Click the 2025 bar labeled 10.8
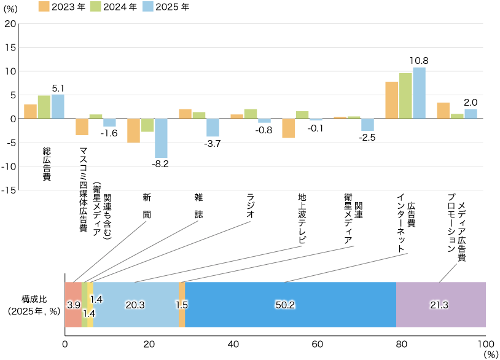(x=419, y=93)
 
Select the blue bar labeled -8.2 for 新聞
(x=161, y=138)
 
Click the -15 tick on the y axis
(x=9, y=190)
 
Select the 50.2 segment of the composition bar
(x=290, y=305)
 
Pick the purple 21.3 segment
(x=440, y=305)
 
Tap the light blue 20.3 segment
(x=136, y=305)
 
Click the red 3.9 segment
(x=73, y=305)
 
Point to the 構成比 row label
(x=34, y=299)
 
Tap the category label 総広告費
(x=47, y=163)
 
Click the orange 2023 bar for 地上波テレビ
(x=288, y=128)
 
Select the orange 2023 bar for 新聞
(x=133, y=130)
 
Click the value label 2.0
(x=471, y=103)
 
